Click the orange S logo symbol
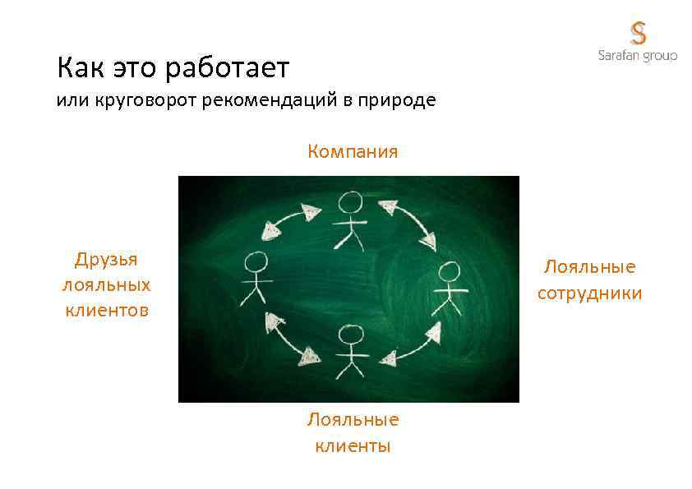coord(639,33)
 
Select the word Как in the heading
coord(81,67)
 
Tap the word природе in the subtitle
coord(399,102)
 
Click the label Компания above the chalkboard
coord(353,151)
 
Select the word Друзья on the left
coord(106,260)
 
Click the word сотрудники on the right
coord(589,293)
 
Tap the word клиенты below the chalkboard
coord(353,446)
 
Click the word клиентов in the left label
coord(106,311)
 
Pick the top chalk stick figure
coord(351,220)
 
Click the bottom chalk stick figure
coord(351,352)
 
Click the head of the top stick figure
coord(351,202)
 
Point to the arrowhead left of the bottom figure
coord(309,356)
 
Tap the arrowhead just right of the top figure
coord(386,208)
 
